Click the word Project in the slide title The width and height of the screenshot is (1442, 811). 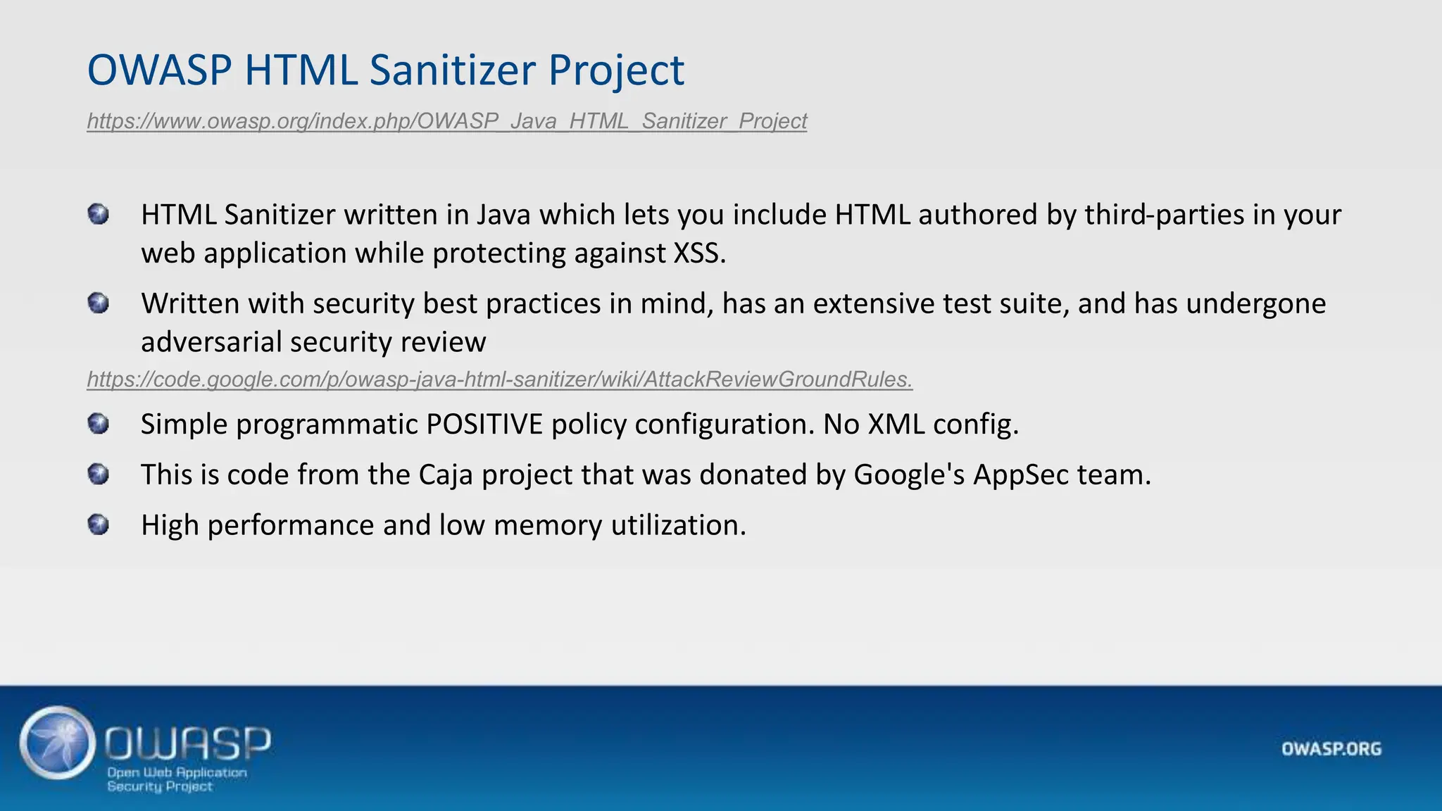615,70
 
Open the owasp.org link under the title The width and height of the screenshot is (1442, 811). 446,121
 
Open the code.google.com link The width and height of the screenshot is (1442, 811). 499,379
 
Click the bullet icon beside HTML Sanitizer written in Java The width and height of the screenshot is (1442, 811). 99,214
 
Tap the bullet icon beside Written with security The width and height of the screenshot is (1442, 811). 99,303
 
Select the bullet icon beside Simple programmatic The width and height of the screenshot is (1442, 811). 99,424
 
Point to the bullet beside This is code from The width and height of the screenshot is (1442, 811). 99,474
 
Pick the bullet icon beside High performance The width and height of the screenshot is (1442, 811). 99,525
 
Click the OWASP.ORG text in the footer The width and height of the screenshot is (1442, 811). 1331,749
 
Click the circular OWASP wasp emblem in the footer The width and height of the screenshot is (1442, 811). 58,743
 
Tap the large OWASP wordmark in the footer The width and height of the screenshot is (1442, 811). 188,743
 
